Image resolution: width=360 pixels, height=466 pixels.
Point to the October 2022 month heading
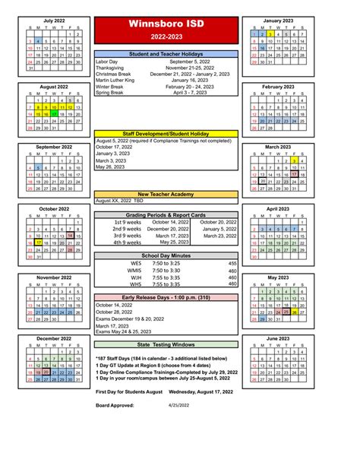54,208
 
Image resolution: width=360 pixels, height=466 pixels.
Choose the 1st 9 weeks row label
127,221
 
